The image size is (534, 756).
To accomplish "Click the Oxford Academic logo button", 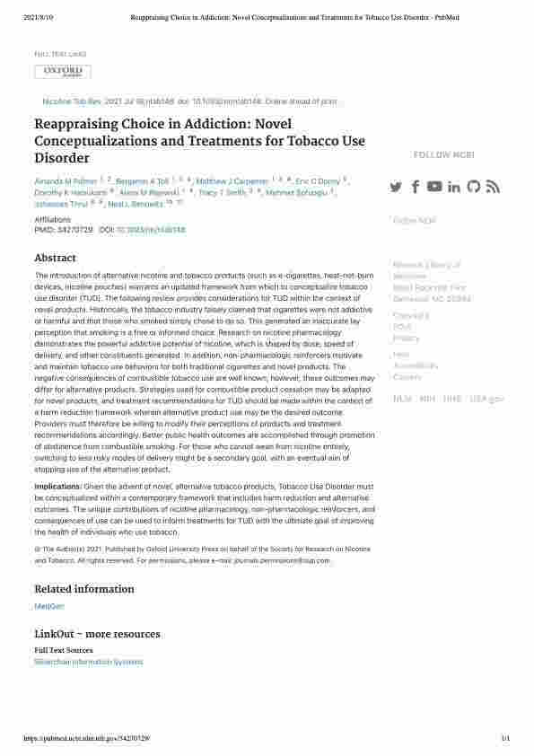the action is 63,72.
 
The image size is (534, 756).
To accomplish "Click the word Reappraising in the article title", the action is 77,125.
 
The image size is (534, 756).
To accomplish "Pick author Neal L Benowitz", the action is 145,205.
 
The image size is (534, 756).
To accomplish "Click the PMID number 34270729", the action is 74,230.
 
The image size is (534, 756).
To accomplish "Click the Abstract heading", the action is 55,258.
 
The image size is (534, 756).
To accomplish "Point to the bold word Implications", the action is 57,486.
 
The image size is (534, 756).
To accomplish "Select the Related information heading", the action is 83,589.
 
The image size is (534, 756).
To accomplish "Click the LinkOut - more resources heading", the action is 97,634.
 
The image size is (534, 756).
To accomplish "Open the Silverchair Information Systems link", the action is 88,662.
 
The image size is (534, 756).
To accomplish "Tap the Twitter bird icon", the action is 396,187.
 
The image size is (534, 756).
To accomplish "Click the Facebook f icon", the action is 416,187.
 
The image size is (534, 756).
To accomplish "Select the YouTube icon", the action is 434,187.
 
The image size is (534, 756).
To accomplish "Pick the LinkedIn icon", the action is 454,187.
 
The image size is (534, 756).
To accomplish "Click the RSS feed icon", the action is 493,187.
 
